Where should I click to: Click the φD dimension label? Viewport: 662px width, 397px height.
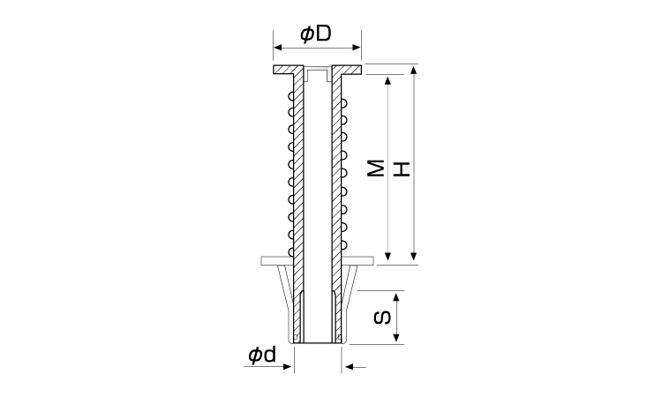[316, 34]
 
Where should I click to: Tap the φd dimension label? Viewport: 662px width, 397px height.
[262, 355]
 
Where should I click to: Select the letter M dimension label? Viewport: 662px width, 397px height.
[376, 168]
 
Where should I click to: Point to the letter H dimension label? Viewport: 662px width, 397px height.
[402, 169]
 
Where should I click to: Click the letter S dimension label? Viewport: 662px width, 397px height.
[383, 318]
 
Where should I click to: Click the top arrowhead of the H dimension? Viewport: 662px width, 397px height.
[414, 70]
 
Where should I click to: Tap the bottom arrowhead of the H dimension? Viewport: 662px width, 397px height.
[414, 256]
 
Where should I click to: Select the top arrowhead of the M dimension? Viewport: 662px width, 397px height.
[388, 80]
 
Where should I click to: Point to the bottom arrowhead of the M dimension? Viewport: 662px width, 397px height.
[388, 256]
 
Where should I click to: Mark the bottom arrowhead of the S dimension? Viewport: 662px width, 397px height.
[396, 337]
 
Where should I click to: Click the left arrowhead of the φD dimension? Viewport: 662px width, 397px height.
[278, 48]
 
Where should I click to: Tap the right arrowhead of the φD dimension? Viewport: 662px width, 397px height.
[357, 48]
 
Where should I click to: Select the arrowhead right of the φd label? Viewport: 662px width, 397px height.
[287, 367]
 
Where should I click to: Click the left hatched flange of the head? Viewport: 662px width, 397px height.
[289, 70]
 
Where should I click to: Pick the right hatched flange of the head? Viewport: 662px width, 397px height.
[347, 70]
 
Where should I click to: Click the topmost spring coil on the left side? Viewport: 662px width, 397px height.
[291, 96]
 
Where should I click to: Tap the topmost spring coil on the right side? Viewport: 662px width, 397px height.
[344, 103]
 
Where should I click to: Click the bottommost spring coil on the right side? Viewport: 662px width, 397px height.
[344, 244]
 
